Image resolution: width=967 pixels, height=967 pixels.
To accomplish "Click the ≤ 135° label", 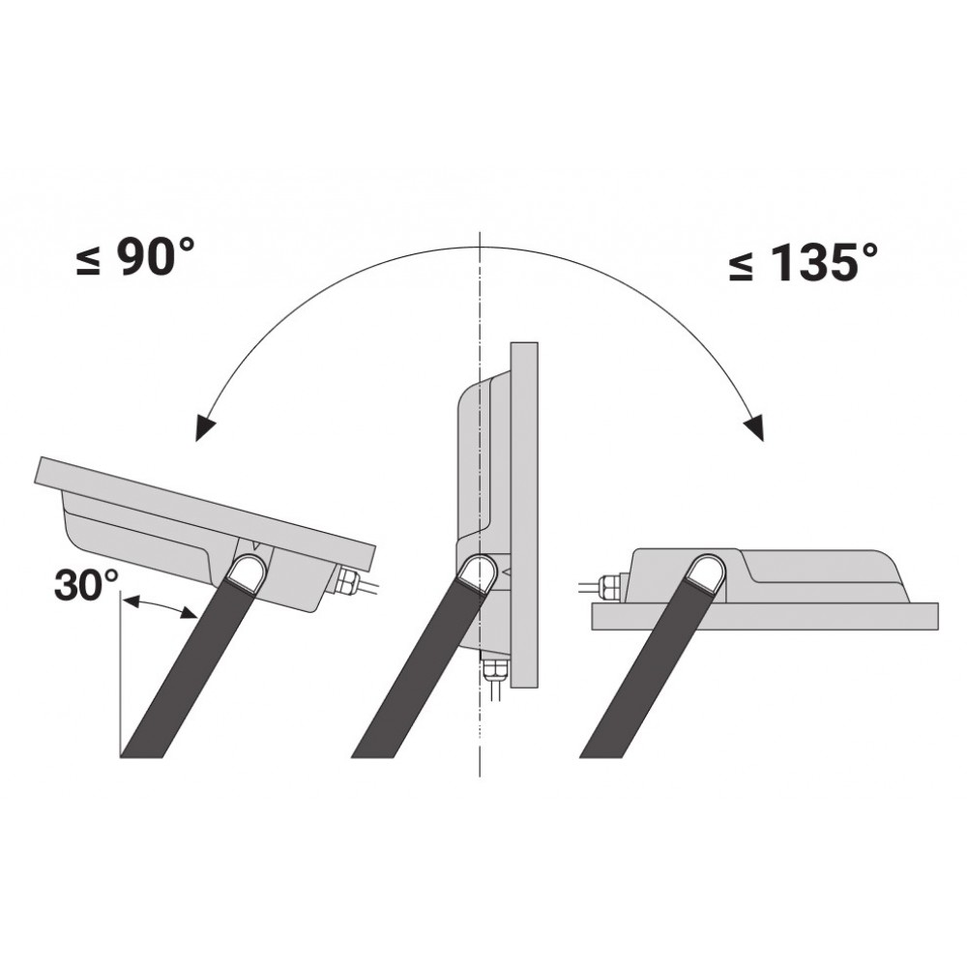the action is [803, 262].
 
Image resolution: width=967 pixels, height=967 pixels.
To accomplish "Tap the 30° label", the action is [86, 585].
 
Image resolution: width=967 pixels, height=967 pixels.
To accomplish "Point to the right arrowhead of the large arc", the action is [754, 426].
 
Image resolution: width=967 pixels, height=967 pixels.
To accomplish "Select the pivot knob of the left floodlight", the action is [246, 571].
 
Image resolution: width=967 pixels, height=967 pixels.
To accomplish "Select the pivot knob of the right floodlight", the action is [707, 571].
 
